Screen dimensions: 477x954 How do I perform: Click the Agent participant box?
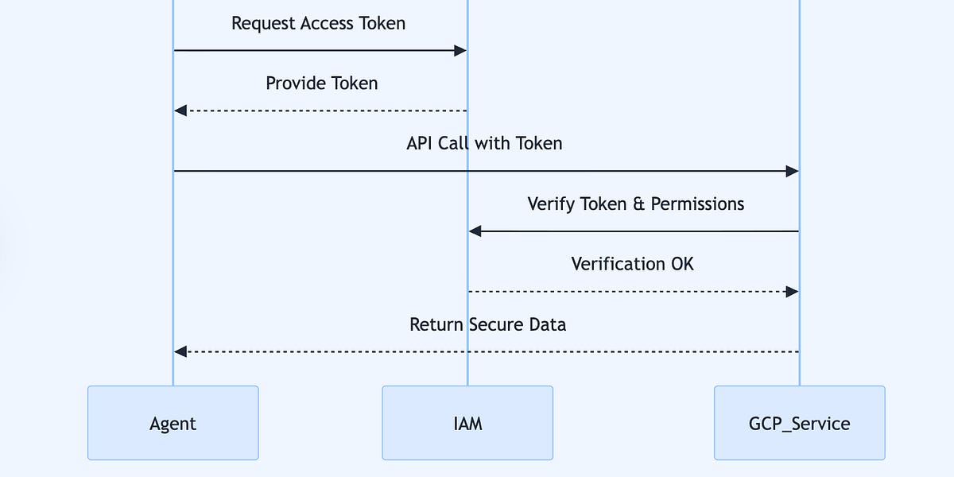pos(173,423)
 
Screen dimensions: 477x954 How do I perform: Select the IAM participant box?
pos(467,423)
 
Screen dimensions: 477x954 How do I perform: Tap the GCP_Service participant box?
pos(799,423)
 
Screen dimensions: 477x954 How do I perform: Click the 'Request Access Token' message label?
pos(318,23)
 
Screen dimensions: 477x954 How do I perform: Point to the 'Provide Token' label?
pos(321,83)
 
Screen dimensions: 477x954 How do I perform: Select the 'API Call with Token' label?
pos(484,143)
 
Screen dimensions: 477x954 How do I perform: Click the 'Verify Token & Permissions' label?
pos(635,204)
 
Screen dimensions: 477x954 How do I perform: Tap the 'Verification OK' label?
pos(632,264)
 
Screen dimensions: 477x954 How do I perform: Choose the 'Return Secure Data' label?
pos(487,324)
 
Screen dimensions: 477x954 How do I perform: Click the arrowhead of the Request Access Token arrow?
pos(460,51)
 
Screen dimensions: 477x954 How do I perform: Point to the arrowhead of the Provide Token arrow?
pos(180,111)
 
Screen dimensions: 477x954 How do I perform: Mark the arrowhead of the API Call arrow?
pos(792,171)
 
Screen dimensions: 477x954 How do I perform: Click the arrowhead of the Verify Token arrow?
pos(475,231)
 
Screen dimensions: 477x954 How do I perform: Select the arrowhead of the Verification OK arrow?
pos(792,292)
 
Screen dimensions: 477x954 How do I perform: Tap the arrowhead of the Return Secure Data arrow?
pos(180,351)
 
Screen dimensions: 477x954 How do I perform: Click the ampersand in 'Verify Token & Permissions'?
pos(638,204)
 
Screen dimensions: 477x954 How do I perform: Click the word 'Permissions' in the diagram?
pos(697,204)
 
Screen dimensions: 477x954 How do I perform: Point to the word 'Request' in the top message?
pos(262,24)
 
